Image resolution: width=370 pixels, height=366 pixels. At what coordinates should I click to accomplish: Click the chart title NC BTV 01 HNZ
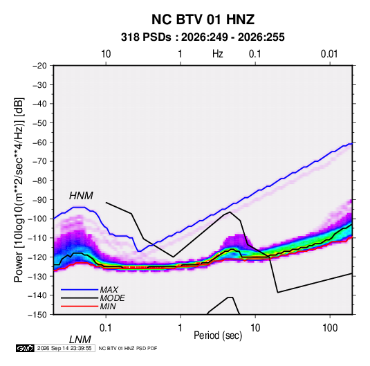pyautogui.click(x=203, y=19)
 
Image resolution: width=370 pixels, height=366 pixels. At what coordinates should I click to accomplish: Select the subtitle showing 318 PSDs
pyautogui.click(x=203, y=37)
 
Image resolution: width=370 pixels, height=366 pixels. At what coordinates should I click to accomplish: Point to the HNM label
pyautogui.click(x=81, y=196)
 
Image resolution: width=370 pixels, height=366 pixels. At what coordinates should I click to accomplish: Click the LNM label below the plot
pyautogui.click(x=80, y=340)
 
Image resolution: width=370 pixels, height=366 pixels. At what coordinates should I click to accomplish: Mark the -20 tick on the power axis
pyautogui.click(x=39, y=66)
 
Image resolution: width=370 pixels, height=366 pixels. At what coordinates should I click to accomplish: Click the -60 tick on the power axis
pyautogui.click(x=39, y=142)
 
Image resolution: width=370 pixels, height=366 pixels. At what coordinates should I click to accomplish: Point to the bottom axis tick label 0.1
pyautogui.click(x=105, y=328)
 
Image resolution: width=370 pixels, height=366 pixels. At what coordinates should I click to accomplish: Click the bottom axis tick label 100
pyautogui.click(x=330, y=328)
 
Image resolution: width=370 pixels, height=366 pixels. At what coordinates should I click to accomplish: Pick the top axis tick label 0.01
pyautogui.click(x=329, y=54)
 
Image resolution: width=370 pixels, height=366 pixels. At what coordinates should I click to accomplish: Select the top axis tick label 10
pyautogui.click(x=106, y=54)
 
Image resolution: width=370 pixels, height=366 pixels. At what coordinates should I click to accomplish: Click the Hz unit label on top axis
pyautogui.click(x=218, y=54)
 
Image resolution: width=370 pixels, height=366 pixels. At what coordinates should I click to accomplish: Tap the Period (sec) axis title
pyautogui.click(x=218, y=336)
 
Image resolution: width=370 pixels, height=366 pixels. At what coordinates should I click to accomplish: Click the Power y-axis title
pyautogui.click(x=19, y=190)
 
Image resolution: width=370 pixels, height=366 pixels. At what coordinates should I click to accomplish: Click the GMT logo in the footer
pyautogui.click(x=25, y=348)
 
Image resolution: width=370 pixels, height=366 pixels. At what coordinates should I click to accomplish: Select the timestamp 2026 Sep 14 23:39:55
pyautogui.click(x=64, y=348)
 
